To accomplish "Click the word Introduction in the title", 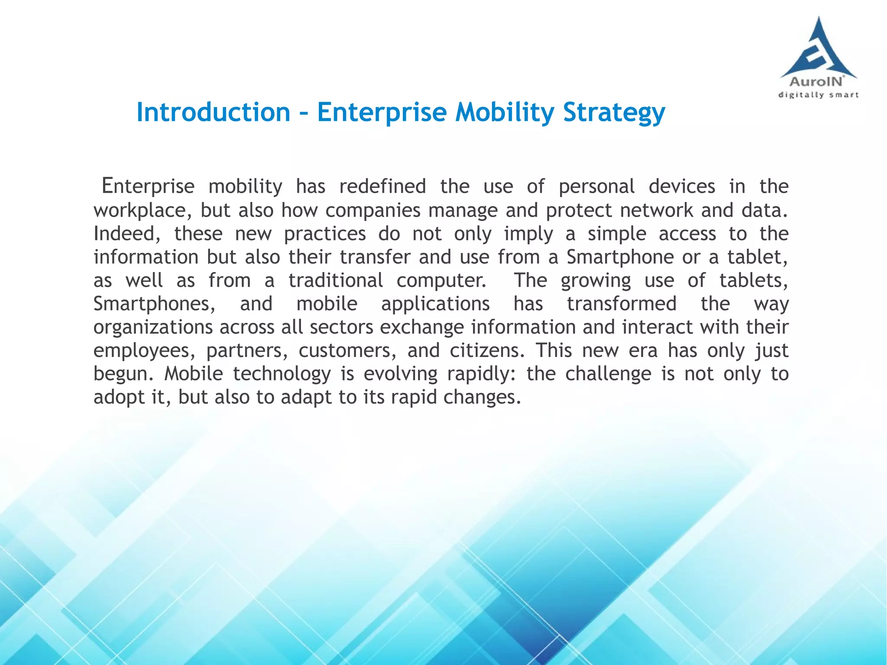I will tap(213, 112).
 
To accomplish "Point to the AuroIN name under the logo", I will tap(816, 81).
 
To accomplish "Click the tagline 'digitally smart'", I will tap(818, 95).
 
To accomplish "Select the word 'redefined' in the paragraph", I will tap(382, 187).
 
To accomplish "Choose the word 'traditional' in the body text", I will tap(336, 281).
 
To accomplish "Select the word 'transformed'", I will tap(622, 304).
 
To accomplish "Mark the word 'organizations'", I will tap(153, 328).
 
